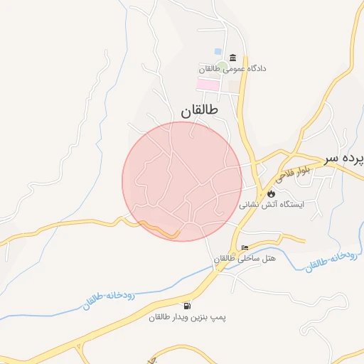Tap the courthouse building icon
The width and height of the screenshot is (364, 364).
click(x=232, y=58)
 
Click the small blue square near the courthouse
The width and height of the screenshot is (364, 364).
click(x=218, y=51)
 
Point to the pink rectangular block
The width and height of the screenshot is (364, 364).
click(x=208, y=84)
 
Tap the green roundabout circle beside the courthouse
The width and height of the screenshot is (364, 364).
click(x=222, y=66)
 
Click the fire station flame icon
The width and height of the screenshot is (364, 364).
click(x=271, y=192)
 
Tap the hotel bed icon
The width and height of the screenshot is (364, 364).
click(x=245, y=247)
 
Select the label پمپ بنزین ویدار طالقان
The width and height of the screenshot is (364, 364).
click(x=188, y=317)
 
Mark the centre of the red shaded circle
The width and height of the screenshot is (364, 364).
click(x=182, y=181)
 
